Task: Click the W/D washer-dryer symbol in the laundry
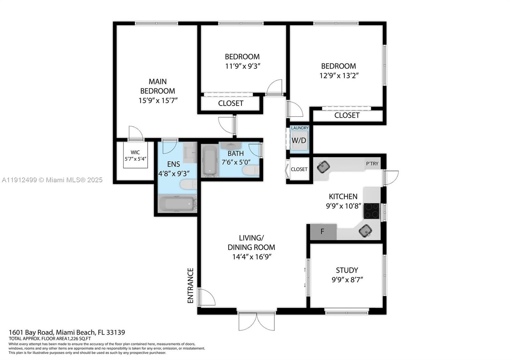coord(299,140)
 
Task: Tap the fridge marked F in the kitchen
coord(323,232)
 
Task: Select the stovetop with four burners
coord(372,211)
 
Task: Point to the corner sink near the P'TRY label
coord(323,166)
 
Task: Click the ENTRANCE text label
coord(190,285)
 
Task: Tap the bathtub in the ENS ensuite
coord(176,204)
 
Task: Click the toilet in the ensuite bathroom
coord(188,184)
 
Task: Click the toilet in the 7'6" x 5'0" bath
coord(251,170)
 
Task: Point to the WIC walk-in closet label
coord(135,152)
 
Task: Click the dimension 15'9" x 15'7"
coord(158,101)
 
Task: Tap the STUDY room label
coord(347,270)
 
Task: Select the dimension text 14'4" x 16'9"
coord(251,257)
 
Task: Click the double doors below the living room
coord(256,321)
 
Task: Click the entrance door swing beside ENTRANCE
coord(206,297)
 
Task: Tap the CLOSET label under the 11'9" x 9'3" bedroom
coord(230,103)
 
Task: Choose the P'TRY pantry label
coord(372,163)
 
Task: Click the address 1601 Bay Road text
coord(67,332)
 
